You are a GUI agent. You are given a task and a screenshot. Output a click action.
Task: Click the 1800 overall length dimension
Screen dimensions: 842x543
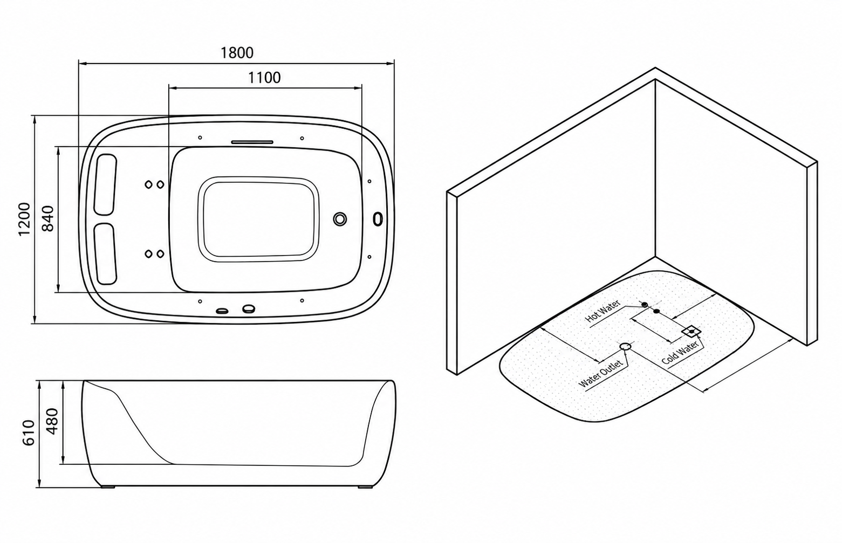(237, 53)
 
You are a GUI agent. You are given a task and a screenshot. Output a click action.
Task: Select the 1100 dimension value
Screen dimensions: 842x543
(264, 78)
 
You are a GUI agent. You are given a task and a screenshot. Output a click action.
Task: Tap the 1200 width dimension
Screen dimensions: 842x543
(24, 219)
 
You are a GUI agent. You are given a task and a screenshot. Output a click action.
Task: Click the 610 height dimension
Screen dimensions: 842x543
(29, 433)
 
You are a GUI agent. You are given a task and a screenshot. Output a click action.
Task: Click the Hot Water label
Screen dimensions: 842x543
(603, 312)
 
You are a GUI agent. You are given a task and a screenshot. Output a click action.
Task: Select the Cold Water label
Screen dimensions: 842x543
(680, 353)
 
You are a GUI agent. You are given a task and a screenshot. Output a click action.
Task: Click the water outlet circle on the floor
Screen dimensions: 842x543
(625, 346)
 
